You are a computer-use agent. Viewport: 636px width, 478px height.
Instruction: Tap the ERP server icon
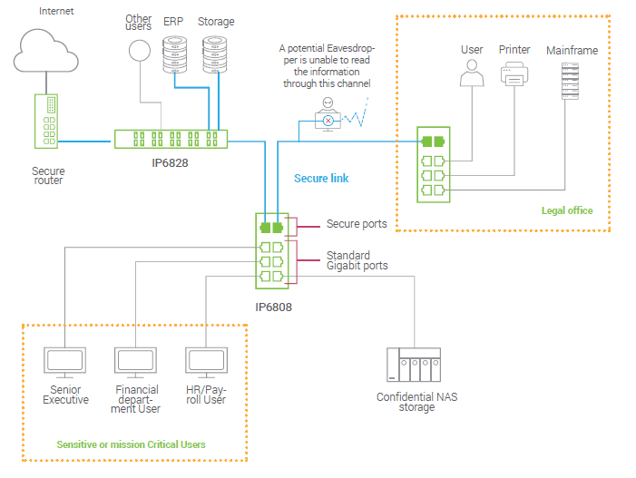[172, 54]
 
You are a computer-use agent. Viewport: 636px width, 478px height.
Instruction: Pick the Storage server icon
[214, 54]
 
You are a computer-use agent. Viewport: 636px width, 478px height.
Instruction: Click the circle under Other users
[139, 50]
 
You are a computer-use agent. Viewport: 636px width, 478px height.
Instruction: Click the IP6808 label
[273, 307]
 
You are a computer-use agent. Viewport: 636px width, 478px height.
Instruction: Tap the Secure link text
[321, 179]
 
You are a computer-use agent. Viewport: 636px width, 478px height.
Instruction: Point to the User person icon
[471, 74]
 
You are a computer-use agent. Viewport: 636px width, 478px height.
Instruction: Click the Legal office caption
[567, 210]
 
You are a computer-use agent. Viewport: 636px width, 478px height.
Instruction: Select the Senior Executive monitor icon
[65, 361]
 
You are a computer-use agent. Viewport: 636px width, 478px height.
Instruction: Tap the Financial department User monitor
[136, 361]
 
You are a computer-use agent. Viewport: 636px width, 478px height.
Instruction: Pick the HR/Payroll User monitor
[205, 361]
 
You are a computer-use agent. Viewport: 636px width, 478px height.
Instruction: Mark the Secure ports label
[357, 224]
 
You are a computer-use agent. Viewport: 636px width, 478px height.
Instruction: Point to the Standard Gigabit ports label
[357, 260]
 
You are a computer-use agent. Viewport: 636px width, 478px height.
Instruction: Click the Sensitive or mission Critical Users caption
[131, 444]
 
